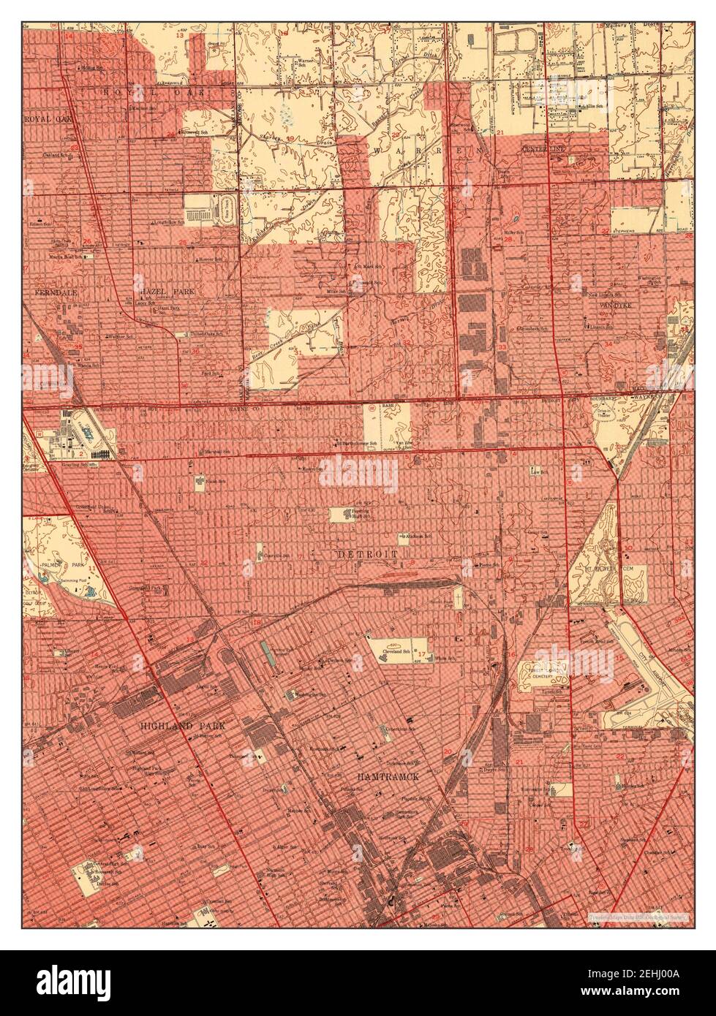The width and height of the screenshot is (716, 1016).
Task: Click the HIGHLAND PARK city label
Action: [x=183, y=726]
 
